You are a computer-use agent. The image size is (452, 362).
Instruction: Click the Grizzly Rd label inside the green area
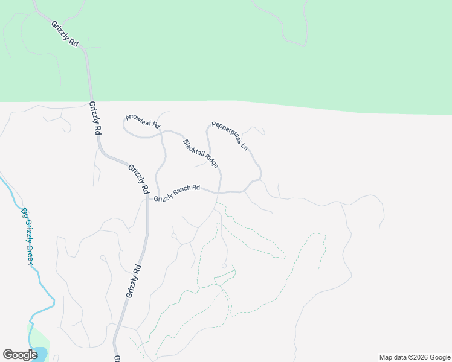pos(65,34)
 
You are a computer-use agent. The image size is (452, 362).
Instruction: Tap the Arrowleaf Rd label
pos(143,121)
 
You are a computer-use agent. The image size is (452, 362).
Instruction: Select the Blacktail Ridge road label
pos(200,154)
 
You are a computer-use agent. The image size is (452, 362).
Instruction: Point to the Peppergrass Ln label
pos(230,137)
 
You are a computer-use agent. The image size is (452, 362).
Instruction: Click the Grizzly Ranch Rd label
pos(176,193)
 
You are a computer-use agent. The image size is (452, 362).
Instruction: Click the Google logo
pos(20,355)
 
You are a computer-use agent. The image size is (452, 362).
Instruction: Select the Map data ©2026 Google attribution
pos(414,357)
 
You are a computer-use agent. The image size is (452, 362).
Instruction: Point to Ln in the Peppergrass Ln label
pos(244,146)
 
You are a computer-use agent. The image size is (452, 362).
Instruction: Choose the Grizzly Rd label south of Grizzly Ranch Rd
pos(134,281)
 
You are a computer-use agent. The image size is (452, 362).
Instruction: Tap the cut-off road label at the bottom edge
pos(117,358)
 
